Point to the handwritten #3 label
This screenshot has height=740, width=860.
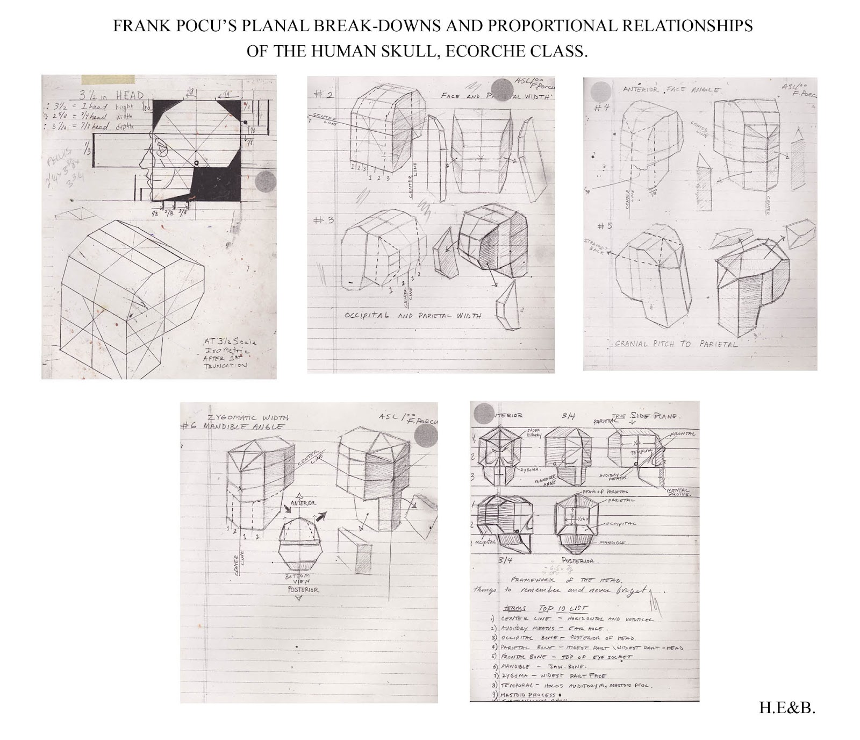(x=324, y=220)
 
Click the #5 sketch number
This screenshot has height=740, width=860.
(x=605, y=226)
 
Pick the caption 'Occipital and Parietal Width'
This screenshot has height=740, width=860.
(x=413, y=315)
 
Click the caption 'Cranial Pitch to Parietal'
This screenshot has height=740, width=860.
(x=676, y=344)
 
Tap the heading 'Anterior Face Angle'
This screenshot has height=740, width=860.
(x=671, y=90)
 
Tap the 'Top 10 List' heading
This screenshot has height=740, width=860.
(x=563, y=608)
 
